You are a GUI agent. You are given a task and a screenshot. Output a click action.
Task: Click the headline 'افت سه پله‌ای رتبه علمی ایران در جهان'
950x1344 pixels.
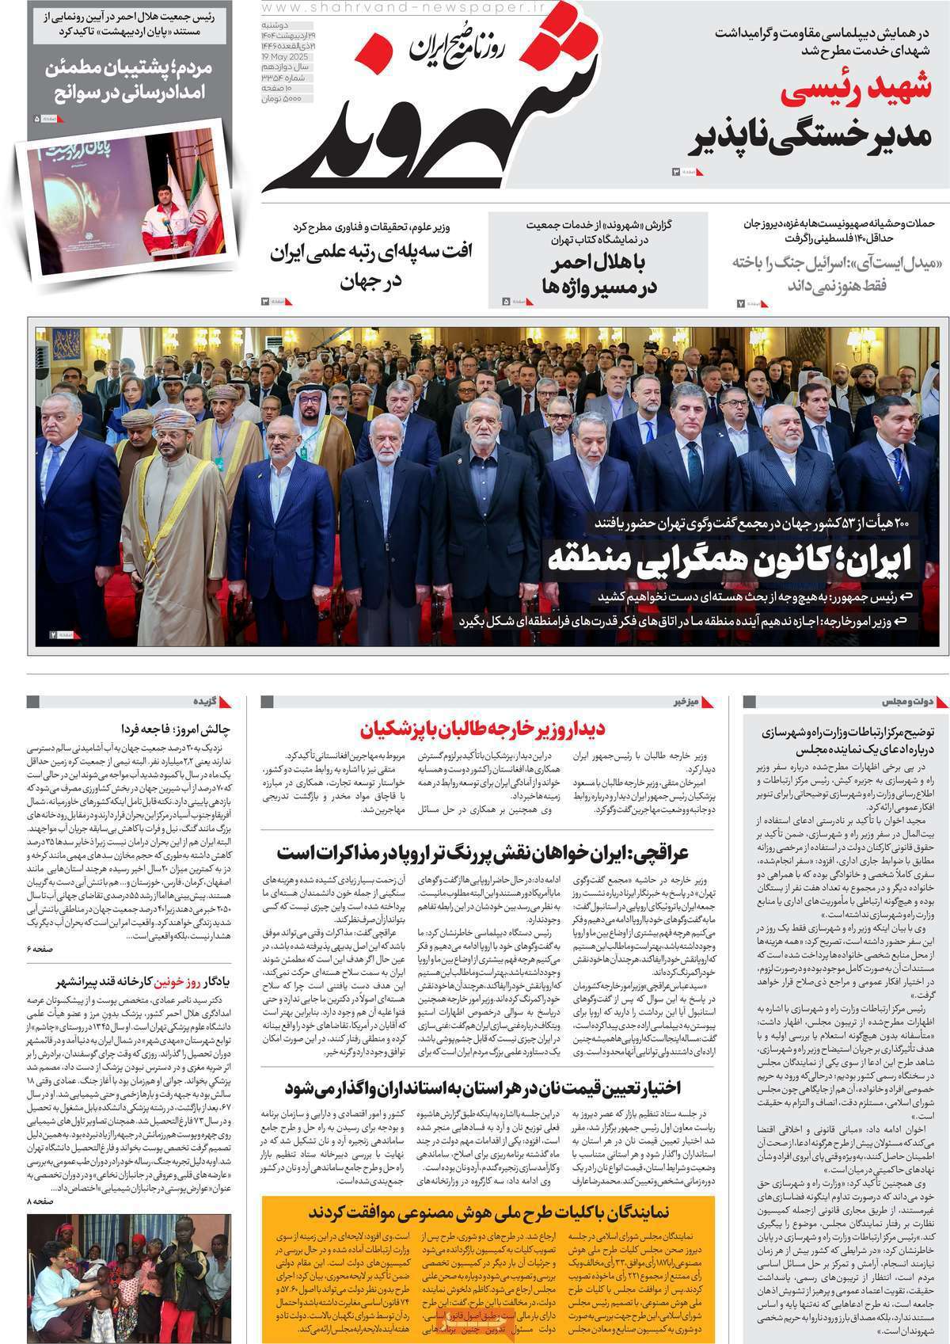pyautogui.click(x=372, y=267)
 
